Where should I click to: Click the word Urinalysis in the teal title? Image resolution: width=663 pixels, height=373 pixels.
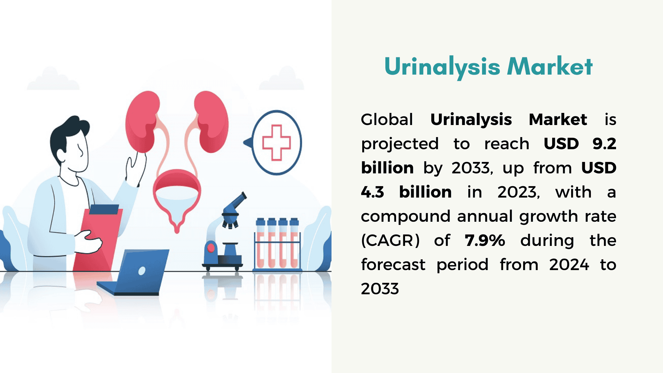click(x=442, y=67)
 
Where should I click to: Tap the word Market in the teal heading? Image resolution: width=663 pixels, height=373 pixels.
click(x=550, y=66)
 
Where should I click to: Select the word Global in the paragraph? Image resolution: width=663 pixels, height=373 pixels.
click(x=387, y=120)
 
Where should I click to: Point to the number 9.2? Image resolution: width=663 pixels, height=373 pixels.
click(x=604, y=144)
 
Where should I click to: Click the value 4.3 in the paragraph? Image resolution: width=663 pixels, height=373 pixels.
click(x=372, y=192)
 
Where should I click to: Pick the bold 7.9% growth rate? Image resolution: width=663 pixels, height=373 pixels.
click(x=485, y=240)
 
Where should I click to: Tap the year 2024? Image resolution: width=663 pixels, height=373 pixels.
click(x=569, y=265)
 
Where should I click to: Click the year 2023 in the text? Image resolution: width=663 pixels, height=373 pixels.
click(x=518, y=192)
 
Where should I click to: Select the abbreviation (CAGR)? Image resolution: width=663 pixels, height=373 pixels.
click(x=390, y=240)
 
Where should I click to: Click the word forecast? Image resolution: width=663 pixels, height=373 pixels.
click(x=393, y=265)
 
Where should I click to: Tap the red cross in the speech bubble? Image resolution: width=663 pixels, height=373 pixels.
click(x=277, y=142)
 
